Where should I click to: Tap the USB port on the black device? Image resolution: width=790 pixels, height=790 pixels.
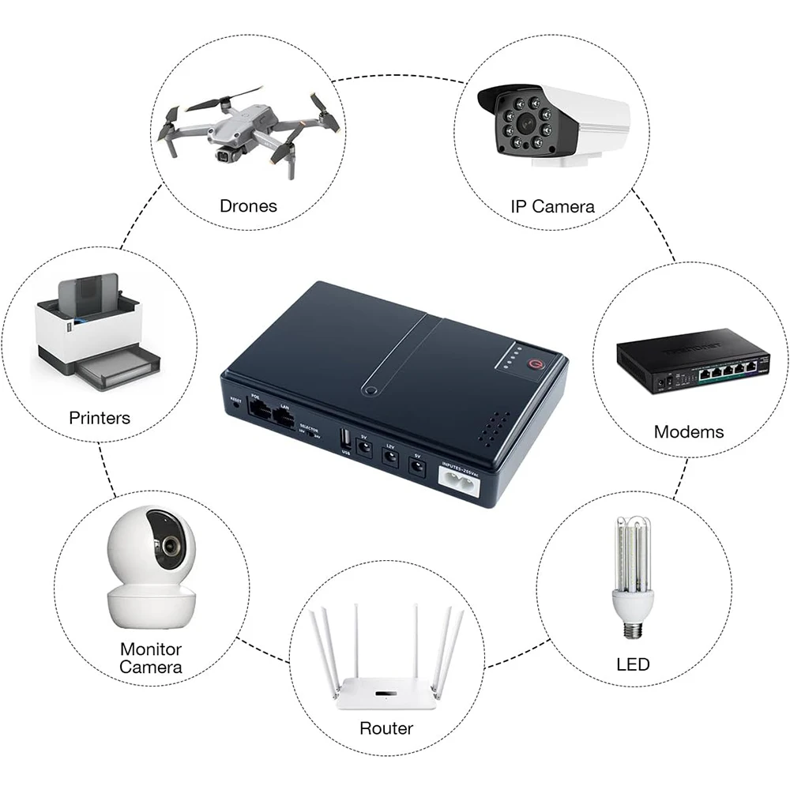345,438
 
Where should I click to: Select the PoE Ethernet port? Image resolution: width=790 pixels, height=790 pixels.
258,409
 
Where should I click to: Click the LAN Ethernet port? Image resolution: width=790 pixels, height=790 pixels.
283,416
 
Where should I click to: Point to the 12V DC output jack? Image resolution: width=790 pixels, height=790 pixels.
389,461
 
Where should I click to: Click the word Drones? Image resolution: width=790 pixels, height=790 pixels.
248,206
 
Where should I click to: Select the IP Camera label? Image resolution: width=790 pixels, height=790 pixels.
552,207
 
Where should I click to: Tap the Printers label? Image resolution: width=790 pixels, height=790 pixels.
100,417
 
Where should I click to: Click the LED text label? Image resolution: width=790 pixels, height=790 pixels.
633,664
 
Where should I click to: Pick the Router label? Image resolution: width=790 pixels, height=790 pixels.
386,728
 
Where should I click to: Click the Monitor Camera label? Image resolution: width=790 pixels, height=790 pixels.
151,658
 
